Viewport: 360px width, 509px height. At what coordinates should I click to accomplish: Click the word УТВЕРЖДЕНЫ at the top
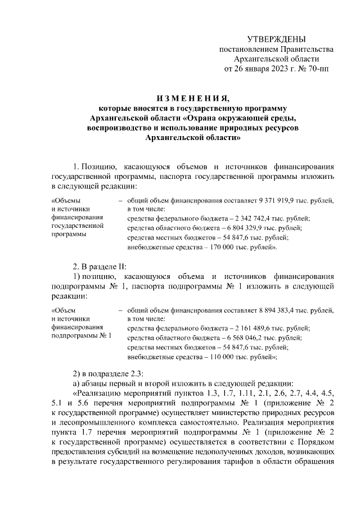pyautogui.click(x=277, y=39)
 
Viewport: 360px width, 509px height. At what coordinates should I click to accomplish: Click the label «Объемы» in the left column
pyautogui.click(x=65, y=201)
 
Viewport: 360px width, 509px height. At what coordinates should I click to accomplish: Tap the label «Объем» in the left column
pyautogui.click(x=63, y=310)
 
